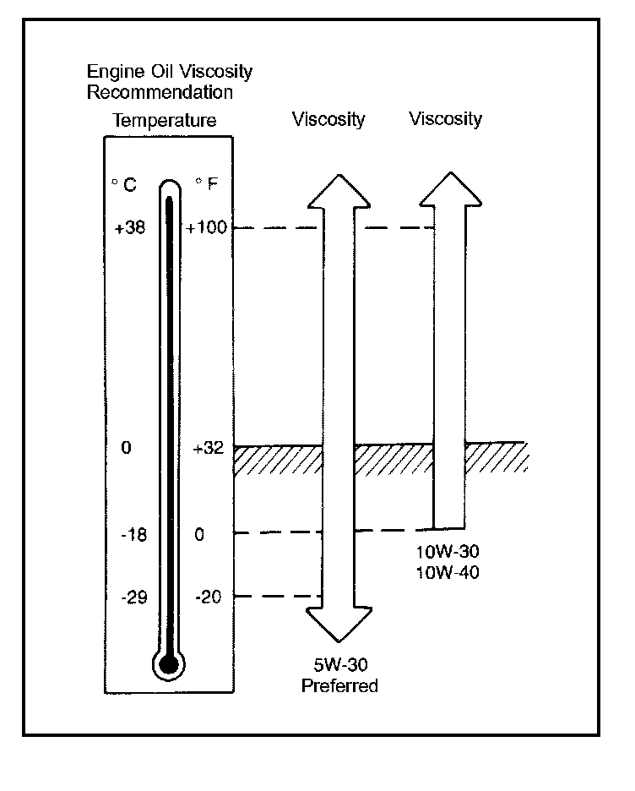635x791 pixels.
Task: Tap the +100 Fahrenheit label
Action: [x=208, y=227]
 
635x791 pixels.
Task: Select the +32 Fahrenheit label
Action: [x=207, y=448]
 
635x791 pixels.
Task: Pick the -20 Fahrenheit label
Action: [x=207, y=597]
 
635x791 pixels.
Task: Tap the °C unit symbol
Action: [x=124, y=183]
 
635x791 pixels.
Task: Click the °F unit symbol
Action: [x=208, y=183]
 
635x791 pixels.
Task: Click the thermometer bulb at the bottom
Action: [x=169, y=663]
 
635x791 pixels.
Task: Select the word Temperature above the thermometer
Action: [x=165, y=121]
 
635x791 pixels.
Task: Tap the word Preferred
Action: [x=339, y=685]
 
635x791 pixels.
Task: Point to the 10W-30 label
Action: [x=448, y=552]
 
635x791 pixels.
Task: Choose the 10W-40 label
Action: [x=448, y=571]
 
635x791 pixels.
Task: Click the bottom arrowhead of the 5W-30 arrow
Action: [x=339, y=625]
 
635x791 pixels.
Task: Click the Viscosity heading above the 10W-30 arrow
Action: [x=445, y=119]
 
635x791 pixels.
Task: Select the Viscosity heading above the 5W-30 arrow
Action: [x=328, y=119]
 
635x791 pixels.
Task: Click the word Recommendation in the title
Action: [x=160, y=91]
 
